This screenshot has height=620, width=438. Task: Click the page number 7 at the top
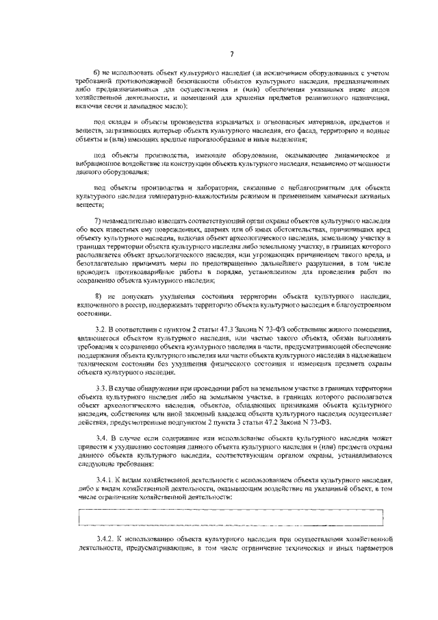[232, 55]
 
